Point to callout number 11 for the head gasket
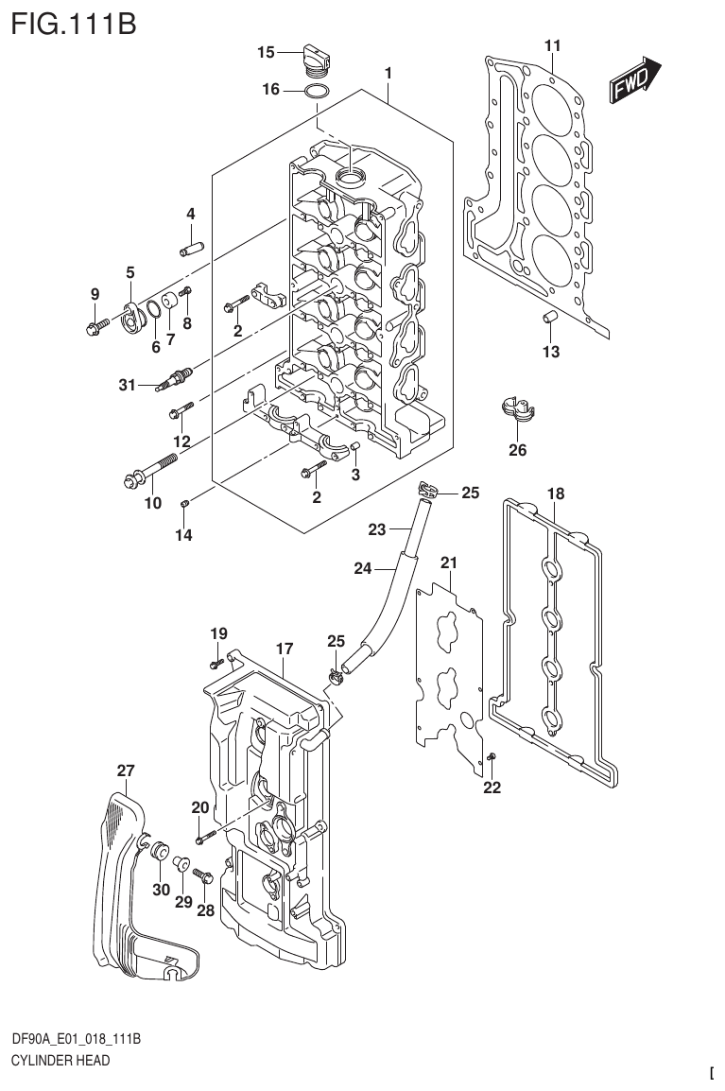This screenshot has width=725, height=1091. pyautogui.click(x=553, y=45)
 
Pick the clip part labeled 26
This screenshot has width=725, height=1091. pyautogui.click(x=517, y=410)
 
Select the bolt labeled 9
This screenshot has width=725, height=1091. pyautogui.click(x=95, y=328)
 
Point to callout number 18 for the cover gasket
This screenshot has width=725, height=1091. pyautogui.click(x=555, y=494)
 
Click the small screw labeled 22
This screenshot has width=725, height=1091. pyautogui.click(x=492, y=756)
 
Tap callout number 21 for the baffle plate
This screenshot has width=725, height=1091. pyautogui.click(x=449, y=563)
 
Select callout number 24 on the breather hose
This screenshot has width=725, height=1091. pyautogui.click(x=362, y=568)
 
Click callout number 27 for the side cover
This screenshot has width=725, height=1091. pyautogui.click(x=126, y=771)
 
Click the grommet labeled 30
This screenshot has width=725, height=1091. pyautogui.click(x=158, y=851)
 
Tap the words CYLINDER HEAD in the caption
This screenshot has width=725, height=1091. pyautogui.click(x=60, y=1060)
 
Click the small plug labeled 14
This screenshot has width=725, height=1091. pyautogui.click(x=186, y=503)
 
